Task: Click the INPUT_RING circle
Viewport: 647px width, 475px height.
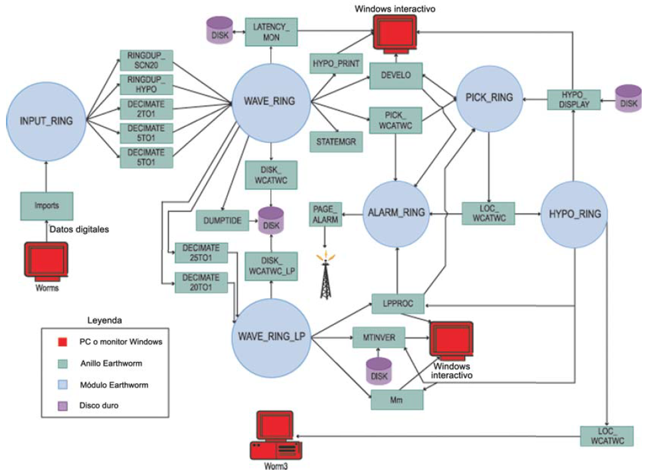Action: click(x=46, y=120)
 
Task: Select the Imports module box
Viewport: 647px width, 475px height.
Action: click(x=46, y=205)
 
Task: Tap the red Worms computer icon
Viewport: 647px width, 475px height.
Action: click(x=46, y=262)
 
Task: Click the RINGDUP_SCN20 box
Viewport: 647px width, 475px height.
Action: click(x=146, y=60)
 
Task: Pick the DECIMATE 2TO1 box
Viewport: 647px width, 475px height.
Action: click(x=146, y=108)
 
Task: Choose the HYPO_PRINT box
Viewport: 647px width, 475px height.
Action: click(x=336, y=64)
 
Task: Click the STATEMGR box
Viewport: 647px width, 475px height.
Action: click(x=336, y=141)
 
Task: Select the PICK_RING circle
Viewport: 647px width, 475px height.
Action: click(x=489, y=98)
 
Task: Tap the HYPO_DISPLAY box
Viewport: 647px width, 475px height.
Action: click(x=573, y=99)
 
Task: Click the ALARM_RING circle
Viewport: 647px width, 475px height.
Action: click(x=396, y=213)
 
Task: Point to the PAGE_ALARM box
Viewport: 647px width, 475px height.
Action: click(x=325, y=215)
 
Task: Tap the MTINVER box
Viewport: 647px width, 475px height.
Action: click(x=379, y=337)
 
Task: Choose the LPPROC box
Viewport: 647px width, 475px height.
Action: click(x=399, y=303)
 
